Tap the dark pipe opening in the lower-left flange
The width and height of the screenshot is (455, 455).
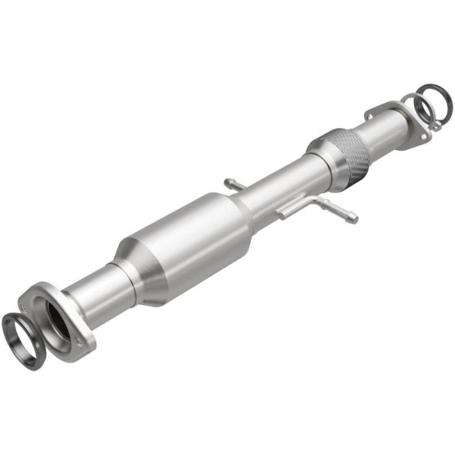(57, 318)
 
